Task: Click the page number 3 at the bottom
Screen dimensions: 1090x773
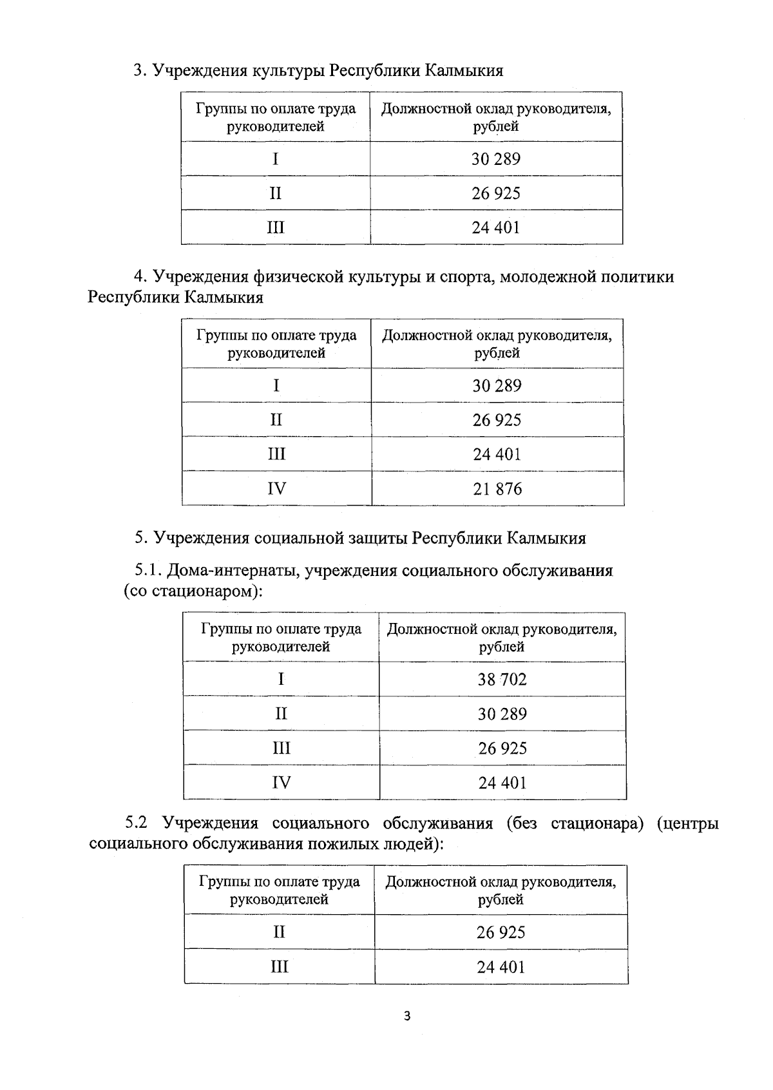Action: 406,1017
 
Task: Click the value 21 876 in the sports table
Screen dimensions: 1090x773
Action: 497,489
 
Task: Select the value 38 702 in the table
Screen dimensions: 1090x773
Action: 502,680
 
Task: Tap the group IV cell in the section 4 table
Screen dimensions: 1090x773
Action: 276,489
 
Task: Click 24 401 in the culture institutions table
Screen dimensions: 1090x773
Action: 495,227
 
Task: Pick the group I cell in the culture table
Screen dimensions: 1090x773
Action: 275,159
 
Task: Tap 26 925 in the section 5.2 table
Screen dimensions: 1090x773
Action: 501,933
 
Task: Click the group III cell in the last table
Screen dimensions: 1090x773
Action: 279,967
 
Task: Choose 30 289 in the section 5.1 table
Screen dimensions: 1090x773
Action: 502,714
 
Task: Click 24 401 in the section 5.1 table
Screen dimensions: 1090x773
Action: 502,783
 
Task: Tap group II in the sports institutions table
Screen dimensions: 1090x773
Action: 276,420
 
